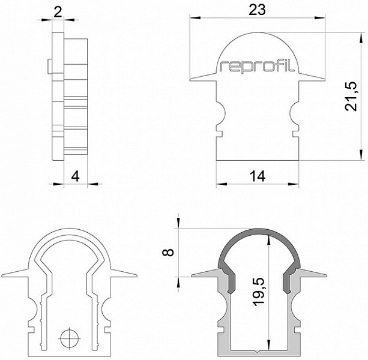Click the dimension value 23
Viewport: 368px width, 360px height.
257,10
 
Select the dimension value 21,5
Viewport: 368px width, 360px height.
351,96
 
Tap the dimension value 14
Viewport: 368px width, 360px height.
258,176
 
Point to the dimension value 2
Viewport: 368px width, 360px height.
58,12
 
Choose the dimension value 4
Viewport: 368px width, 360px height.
75,176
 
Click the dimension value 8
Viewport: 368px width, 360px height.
168,253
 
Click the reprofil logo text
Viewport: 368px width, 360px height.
257,66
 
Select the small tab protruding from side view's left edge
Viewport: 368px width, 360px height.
50,67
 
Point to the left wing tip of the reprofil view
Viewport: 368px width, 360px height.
190,80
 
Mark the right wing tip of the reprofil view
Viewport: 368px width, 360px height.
325,80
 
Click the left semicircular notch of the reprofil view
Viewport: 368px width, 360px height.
221,113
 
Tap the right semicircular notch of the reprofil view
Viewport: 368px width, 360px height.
294,113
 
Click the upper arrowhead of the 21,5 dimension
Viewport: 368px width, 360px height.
360,38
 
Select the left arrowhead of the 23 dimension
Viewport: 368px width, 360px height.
195,18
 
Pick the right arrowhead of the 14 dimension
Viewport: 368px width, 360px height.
294,184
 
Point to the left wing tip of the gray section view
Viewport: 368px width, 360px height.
192,276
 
